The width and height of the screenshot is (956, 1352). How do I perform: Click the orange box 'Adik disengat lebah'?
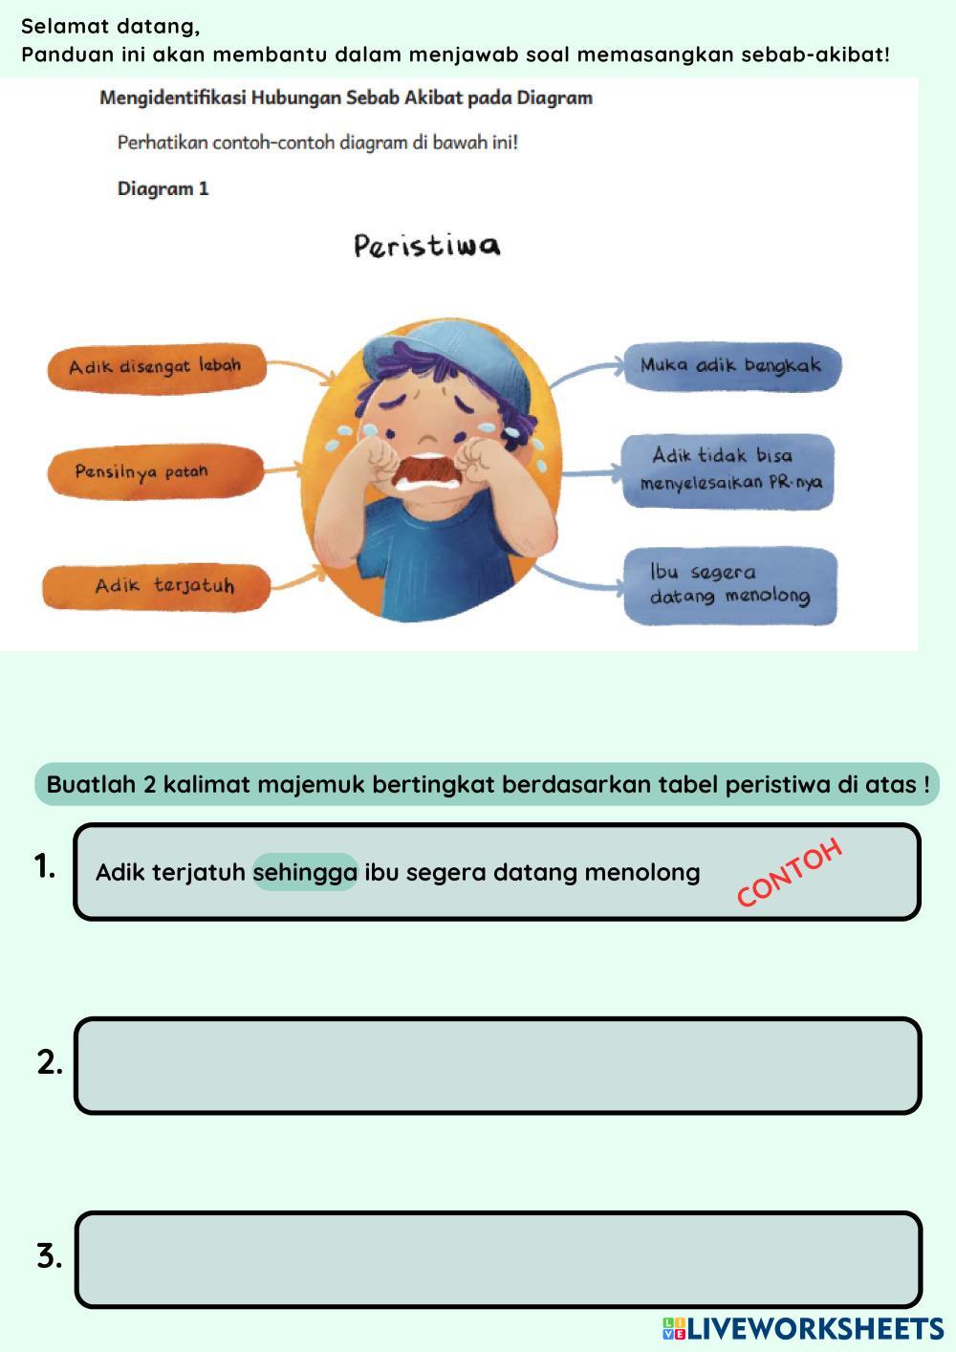click(x=157, y=368)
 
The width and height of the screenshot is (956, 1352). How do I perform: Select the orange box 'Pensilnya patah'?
click(x=156, y=471)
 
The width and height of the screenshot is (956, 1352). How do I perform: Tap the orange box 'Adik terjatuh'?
click(x=157, y=587)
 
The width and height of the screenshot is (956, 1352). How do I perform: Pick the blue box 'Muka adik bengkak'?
click(x=731, y=366)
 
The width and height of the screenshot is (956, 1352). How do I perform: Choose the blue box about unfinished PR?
click(x=728, y=471)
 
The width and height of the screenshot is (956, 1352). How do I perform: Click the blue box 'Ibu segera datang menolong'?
click(x=729, y=585)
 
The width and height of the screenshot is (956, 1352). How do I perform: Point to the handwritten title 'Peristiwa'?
click(x=426, y=247)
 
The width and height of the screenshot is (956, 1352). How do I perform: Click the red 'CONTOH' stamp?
click(x=790, y=872)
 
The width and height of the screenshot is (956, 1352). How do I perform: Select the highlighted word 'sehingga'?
click(x=305, y=872)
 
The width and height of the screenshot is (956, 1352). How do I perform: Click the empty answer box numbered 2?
click(x=498, y=1065)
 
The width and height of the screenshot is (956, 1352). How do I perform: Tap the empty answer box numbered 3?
click(x=498, y=1259)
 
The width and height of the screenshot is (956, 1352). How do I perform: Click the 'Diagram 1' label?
click(x=163, y=189)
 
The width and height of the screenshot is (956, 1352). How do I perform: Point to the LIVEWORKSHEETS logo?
click(x=803, y=1328)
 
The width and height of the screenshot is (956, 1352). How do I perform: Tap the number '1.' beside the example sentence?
click(x=45, y=866)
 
